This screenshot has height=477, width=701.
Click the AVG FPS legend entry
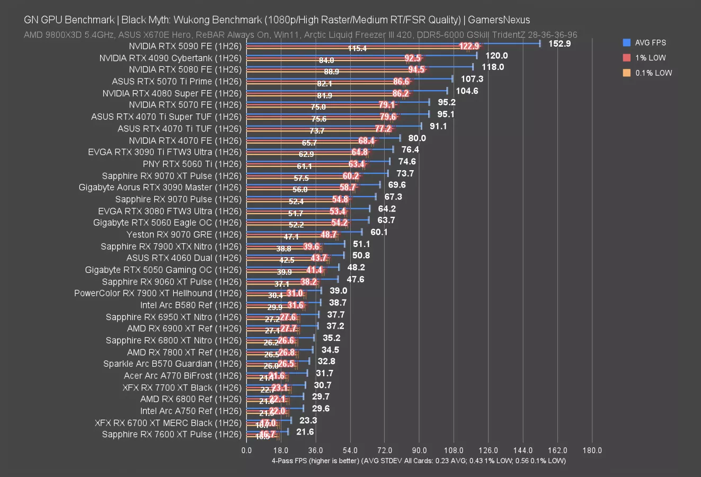click(x=650, y=42)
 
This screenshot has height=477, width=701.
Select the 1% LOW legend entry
click(x=650, y=58)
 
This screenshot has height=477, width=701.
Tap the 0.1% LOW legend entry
click(x=653, y=73)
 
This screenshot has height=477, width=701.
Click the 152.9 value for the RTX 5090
click(x=560, y=43)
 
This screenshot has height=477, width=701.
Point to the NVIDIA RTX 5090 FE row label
click(x=185, y=46)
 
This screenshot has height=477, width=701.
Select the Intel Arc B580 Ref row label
click(x=191, y=305)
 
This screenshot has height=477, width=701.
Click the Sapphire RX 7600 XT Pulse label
click(x=172, y=435)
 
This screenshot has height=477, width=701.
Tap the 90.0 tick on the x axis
click(x=419, y=450)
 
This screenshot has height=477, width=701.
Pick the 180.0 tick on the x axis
click(x=592, y=450)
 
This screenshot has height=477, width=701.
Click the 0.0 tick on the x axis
click(x=246, y=450)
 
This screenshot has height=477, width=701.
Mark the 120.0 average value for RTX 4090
click(x=496, y=56)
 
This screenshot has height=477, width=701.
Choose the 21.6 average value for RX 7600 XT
click(x=305, y=432)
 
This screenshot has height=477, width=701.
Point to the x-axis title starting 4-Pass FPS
click(x=419, y=461)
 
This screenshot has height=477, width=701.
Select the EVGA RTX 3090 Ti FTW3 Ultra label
click(x=165, y=152)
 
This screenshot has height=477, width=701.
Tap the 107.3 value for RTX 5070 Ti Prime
click(x=472, y=79)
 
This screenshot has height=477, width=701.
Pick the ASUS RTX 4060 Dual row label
click(x=184, y=258)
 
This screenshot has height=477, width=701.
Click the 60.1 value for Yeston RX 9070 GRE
click(x=379, y=232)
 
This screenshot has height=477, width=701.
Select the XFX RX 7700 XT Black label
click(x=182, y=387)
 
